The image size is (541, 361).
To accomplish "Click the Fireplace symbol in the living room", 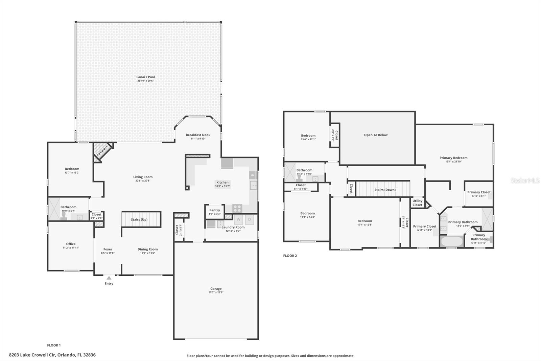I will tap(102, 151).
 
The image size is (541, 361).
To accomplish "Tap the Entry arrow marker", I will tap(109, 278).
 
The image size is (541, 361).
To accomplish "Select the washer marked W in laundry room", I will tap(238, 219).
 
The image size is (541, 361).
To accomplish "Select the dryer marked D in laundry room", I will tap(250, 219).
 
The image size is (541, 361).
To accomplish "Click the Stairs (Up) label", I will tap(139, 219).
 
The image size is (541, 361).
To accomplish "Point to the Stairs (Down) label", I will tap(385, 190).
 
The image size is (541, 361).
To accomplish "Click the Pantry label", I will tap(214, 210).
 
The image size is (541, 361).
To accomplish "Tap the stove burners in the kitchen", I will tap(237, 208).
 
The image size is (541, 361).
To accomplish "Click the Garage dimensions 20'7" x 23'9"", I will tap(216, 292).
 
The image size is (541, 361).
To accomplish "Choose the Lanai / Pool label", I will tap(145, 77).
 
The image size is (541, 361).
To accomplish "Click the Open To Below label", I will tap(376, 135).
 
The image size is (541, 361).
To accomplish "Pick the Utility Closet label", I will tap(417, 203).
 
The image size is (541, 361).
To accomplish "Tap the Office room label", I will tap(71, 244).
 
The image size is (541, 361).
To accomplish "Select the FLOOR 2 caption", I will tap(290, 256).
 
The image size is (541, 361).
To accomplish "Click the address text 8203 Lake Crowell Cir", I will tap(32, 355).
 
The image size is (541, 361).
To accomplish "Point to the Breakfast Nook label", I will tap(198, 135).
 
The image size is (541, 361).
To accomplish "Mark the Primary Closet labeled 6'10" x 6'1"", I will tap(479, 194).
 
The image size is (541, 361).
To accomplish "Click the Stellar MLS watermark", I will tap(525, 181).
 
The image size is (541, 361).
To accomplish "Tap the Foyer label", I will tap(108, 249).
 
